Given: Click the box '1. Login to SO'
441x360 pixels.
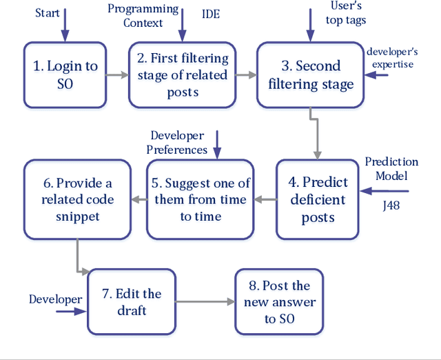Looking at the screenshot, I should click(x=65, y=74).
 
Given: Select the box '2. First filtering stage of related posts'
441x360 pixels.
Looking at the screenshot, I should click(x=183, y=74).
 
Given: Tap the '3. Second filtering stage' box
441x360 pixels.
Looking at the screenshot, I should click(x=310, y=74).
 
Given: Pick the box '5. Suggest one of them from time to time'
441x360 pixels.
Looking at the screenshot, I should click(x=201, y=200).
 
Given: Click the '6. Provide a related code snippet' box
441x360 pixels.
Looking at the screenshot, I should click(x=76, y=200).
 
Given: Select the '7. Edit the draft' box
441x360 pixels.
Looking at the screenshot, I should click(x=131, y=302).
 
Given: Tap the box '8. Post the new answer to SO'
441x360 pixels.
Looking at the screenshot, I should click(x=279, y=302).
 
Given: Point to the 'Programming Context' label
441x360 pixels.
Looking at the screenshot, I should click(x=143, y=16).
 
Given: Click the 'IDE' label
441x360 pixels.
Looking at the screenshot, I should click(x=211, y=12).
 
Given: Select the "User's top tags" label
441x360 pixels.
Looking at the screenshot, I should click(x=344, y=13).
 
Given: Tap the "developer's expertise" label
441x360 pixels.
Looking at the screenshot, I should click(x=392, y=57).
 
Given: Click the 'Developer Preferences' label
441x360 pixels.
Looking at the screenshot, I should click(x=178, y=143).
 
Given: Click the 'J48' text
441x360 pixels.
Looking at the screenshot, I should click(x=391, y=205).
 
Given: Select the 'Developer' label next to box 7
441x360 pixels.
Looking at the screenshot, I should click(x=55, y=299).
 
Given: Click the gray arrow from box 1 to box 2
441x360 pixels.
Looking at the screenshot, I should click(x=118, y=74).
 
